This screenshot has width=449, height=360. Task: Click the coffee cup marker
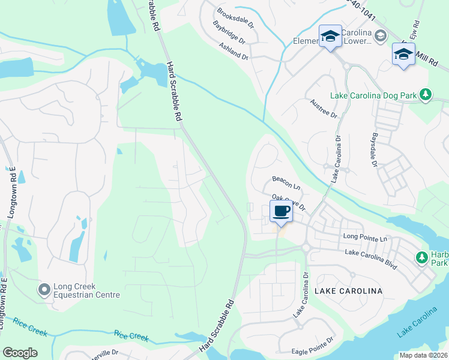[x=282, y=211]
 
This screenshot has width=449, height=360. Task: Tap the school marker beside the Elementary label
[x=330, y=37]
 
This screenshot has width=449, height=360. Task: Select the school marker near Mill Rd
[x=403, y=55]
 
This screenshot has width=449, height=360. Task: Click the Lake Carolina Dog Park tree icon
[x=426, y=95]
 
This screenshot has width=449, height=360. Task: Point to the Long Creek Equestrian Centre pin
[x=44, y=290]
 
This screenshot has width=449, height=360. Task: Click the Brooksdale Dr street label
[x=236, y=19]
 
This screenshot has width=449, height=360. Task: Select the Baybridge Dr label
[x=229, y=33]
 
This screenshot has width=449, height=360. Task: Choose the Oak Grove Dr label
[x=289, y=201]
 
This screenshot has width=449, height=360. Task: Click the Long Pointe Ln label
[x=366, y=237]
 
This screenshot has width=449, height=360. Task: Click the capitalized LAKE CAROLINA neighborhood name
[x=348, y=291]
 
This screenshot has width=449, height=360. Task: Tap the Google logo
[x=20, y=353]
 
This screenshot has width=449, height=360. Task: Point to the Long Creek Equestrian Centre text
[x=86, y=290]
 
